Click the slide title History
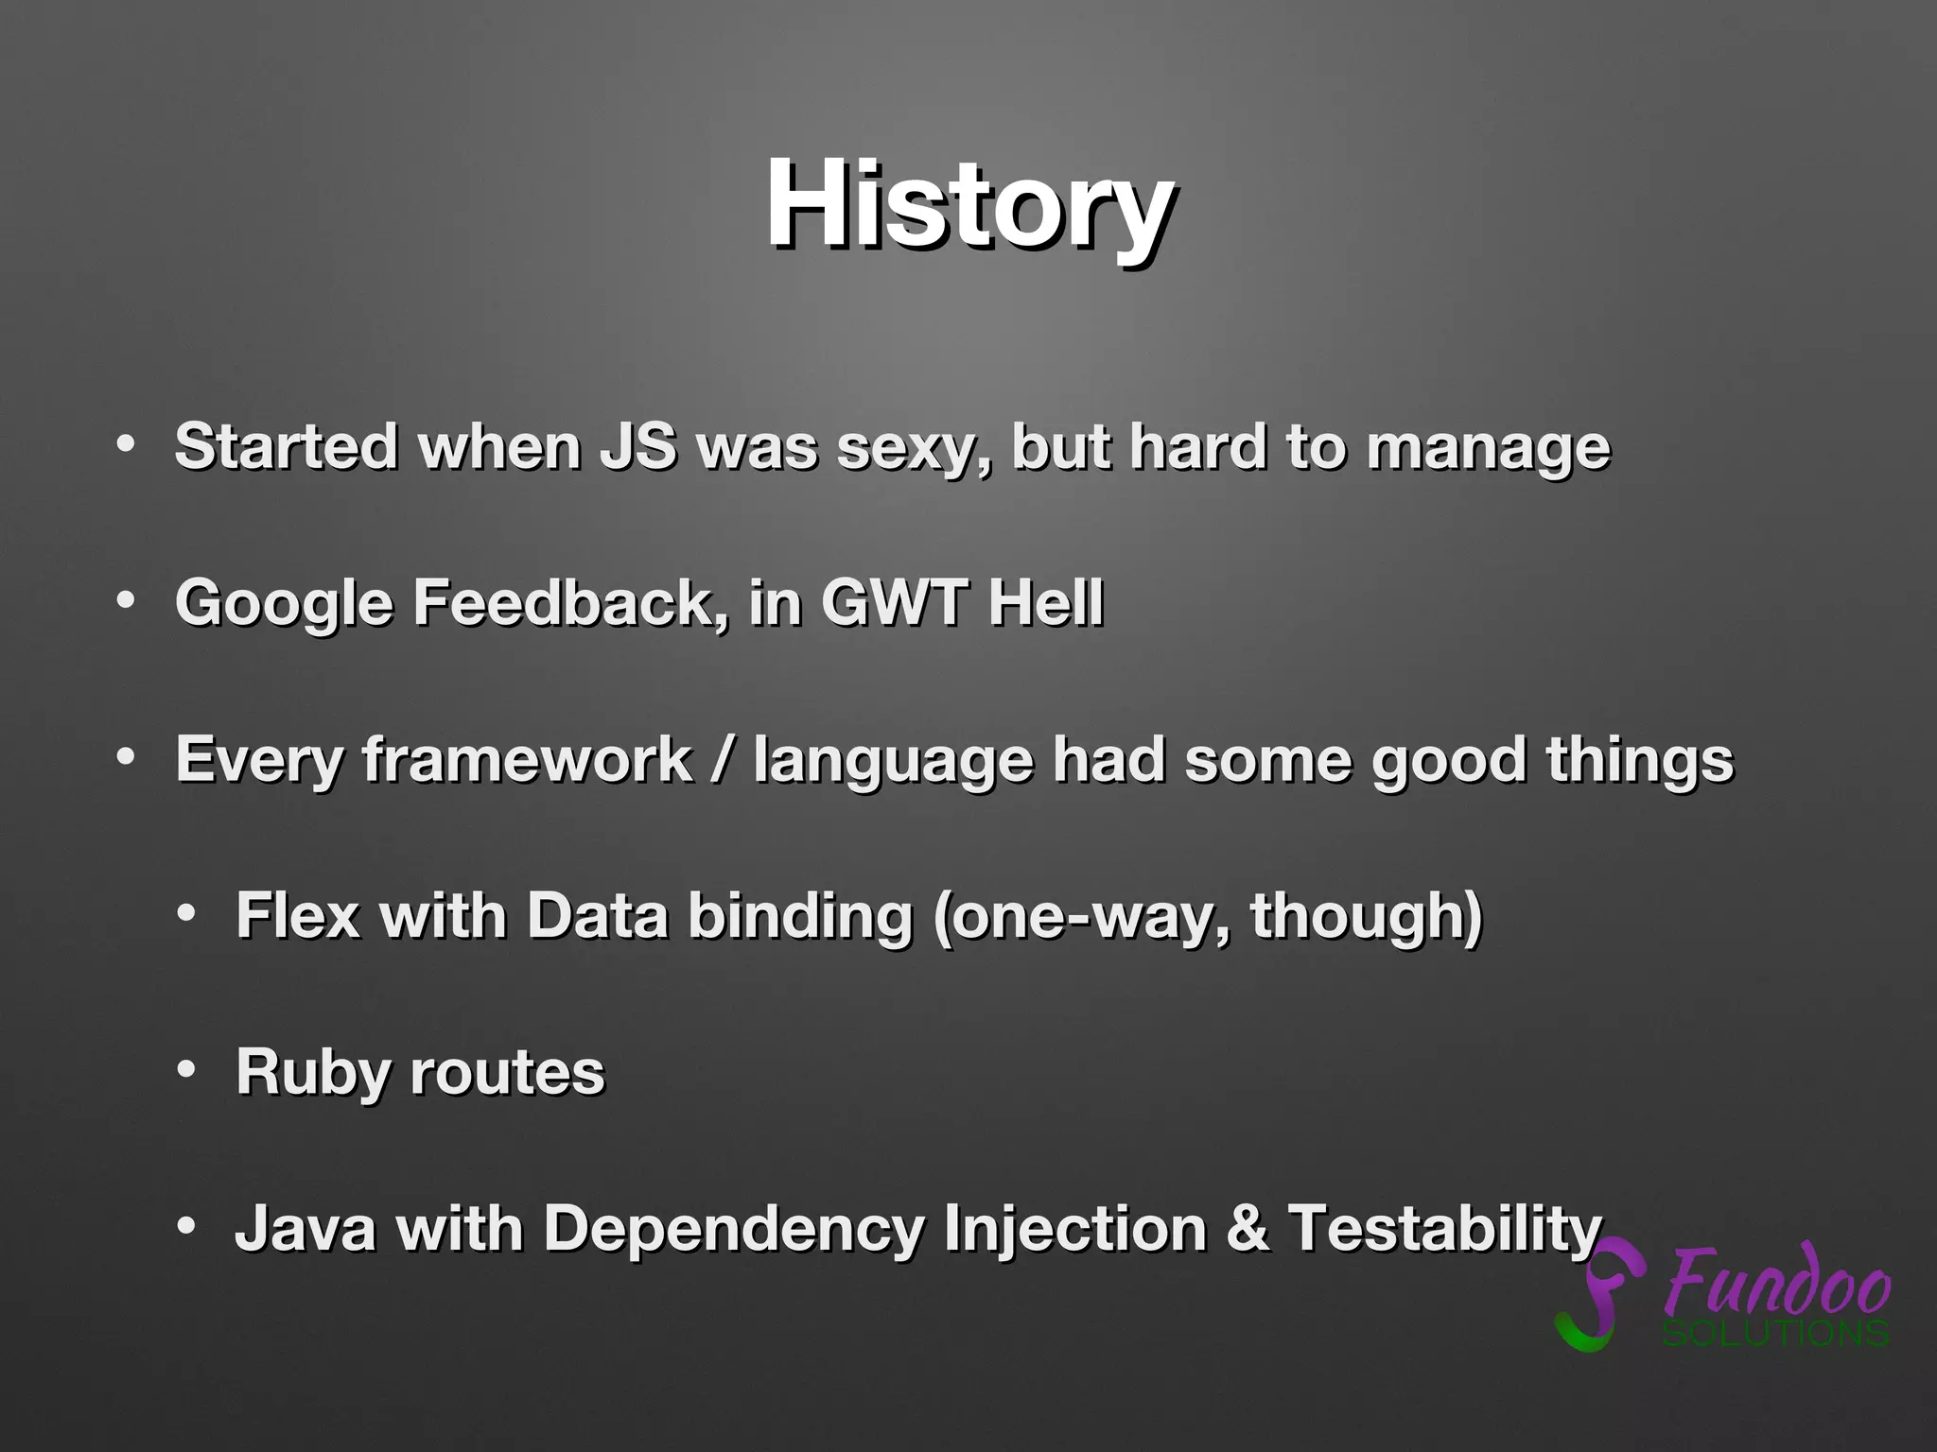click(x=970, y=205)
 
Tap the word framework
click(x=528, y=759)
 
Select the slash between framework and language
click(x=723, y=759)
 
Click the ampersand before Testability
click(x=1248, y=1228)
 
